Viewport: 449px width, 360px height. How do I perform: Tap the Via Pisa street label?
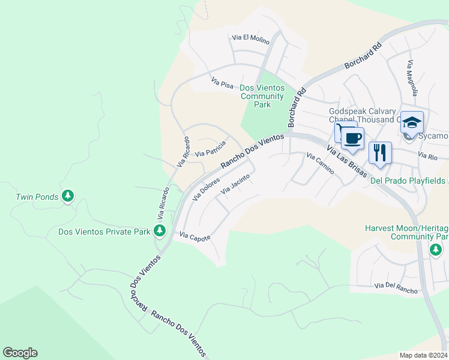[221, 82]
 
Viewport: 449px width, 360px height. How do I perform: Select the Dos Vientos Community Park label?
[262, 96]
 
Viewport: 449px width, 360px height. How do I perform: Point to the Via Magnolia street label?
[411, 78]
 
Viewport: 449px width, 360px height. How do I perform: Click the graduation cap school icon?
[412, 123]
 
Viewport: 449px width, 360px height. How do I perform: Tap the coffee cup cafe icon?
[353, 139]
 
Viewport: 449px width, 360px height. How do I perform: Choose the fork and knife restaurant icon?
[380, 152]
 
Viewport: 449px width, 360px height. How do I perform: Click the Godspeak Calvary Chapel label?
[362, 115]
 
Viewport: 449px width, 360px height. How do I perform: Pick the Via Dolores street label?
[206, 188]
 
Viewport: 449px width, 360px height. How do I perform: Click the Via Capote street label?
[195, 238]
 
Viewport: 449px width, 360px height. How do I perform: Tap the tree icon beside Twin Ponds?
[68, 196]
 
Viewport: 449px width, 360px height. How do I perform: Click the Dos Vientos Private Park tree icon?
[159, 231]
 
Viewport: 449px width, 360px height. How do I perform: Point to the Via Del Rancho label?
[395, 290]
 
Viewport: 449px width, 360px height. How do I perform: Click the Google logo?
[20, 353]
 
